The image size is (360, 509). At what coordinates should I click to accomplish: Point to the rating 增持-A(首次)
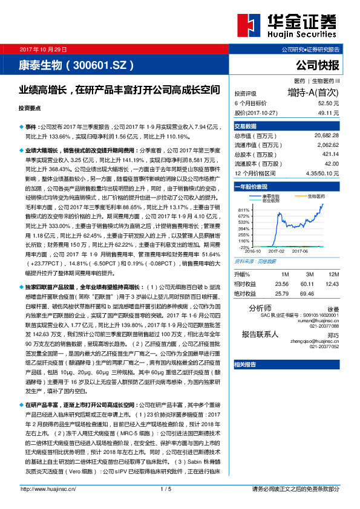pyautogui.click(x=313, y=93)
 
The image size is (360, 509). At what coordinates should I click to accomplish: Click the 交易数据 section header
pyautogui.click(x=246, y=126)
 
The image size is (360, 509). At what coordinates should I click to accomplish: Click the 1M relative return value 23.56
pyautogui.click(x=281, y=283)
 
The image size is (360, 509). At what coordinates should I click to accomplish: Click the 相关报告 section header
pyautogui.click(x=246, y=365)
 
